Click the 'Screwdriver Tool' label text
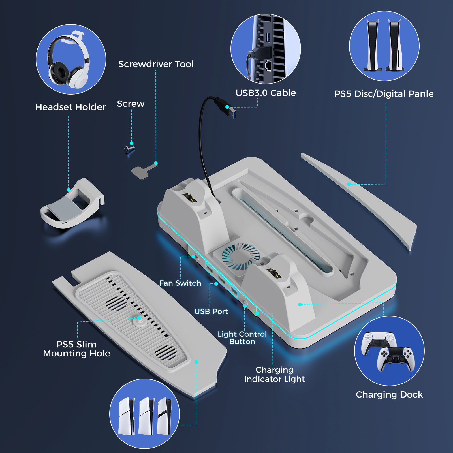coord(156,64)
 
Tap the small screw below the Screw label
coord(129,149)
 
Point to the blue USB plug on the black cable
coord(232,113)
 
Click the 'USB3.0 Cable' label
coord(266,93)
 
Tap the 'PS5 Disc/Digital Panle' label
coord(384,94)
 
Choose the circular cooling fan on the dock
coord(240,256)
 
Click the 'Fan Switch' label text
coord(180,283)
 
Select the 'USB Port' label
coord(211,311)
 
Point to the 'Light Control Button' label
coord(242,338)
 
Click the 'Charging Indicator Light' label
coord(274,374)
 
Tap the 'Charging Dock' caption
coord(389,394)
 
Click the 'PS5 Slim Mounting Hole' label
coord(76,349)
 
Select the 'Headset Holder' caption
coord(70,107)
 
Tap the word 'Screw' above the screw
coord(131,104)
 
